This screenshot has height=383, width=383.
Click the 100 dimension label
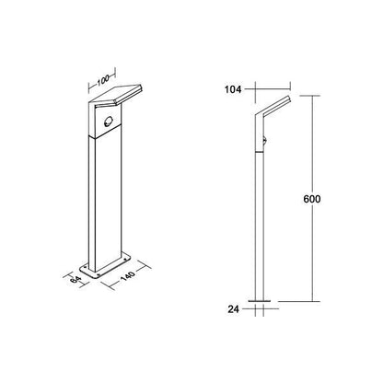103,80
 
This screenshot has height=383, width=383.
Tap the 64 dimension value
75,280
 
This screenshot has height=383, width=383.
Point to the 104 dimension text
233,89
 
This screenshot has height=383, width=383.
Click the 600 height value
312,199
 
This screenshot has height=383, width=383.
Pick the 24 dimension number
233,309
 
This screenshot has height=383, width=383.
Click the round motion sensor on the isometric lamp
108,122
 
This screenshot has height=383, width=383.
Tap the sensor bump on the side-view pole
265,141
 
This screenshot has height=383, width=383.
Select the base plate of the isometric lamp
105,266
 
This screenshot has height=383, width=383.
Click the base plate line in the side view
260,301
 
